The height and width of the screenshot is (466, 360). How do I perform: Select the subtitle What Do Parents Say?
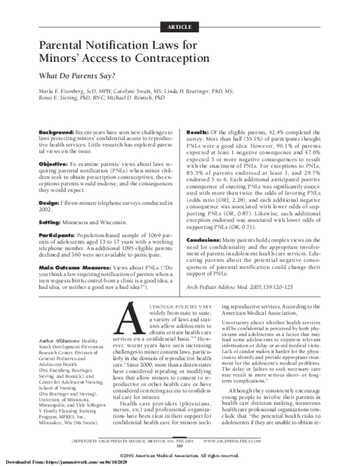point(77,76)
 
